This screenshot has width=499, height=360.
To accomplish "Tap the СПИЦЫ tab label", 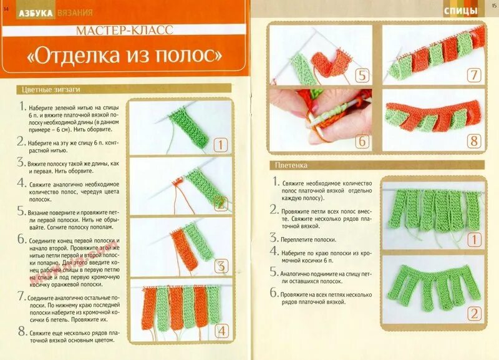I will click(x=461, y=11).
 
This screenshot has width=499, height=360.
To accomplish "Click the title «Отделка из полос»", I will click(x=125, y=56).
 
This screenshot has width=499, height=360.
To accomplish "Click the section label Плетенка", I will click(x=291, y=165).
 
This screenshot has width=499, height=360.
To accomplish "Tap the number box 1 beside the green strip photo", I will click(x=220, y=146).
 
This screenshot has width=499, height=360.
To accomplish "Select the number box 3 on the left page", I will click(x=220, y=266).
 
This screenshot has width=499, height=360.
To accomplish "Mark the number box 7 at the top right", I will click(x=474, y=76).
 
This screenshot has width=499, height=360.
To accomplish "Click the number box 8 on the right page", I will click(x=474, y=141).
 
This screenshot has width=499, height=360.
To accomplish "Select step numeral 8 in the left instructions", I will click(x=22, y=331).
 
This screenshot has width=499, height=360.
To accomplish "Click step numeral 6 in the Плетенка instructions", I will click(x=273, y=292).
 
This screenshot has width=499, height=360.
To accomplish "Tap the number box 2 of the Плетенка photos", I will click(x=474, y=313).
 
